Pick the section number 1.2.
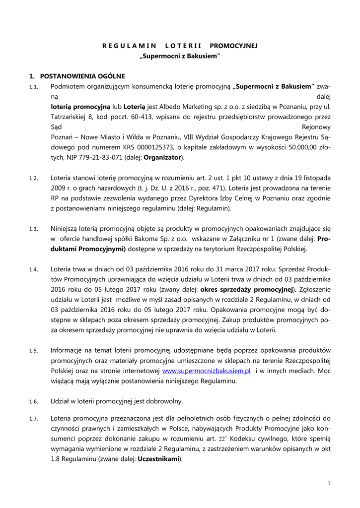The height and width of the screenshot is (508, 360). click(34, 178)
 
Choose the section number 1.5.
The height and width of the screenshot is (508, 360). click(34, 351)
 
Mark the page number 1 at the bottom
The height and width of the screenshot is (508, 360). click(329, 483)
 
